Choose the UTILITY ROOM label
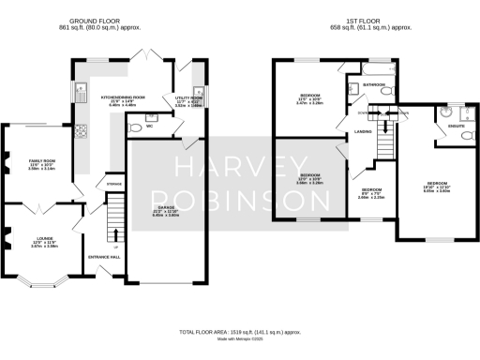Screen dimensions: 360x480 pyautogui.click(x=188, y=97)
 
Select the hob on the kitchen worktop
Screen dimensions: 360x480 pyautogui.click(x=82, y=130)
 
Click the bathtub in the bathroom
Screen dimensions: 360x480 pyautogui.click(x=371, y=70)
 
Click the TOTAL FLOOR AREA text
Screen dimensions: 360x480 pyautogui.click(x=240, y=332)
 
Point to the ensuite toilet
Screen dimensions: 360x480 pyautogui.click(x=466, y=136)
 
